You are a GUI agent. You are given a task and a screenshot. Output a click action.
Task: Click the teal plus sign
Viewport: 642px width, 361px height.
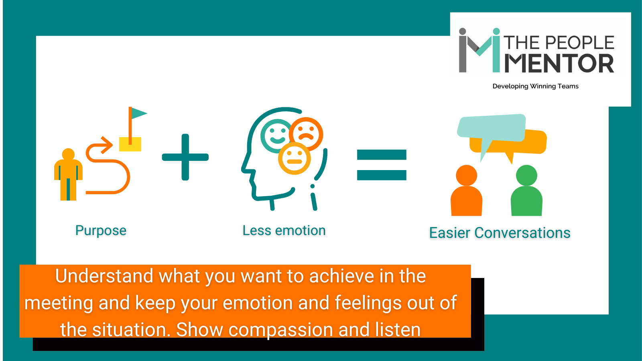[185, 157]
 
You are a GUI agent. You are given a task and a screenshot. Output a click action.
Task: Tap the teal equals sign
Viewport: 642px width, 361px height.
[382, 165]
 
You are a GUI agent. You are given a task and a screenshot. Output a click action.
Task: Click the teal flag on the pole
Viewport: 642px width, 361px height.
[138, 114]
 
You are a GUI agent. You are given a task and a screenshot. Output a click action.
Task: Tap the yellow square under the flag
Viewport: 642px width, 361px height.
[130, 144]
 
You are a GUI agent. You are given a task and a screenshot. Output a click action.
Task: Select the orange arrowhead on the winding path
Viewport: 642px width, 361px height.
[106, 145]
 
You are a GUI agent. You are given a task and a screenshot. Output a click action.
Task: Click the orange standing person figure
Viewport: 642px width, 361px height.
[68, 174]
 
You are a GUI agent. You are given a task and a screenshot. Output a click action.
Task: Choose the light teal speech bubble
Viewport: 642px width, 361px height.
[492, 128]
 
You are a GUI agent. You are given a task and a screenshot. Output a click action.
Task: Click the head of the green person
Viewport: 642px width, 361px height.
[526, 175]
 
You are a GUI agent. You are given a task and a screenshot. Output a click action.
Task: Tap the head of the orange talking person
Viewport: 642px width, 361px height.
[466, 175]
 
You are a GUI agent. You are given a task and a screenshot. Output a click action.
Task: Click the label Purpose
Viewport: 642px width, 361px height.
[101, 230]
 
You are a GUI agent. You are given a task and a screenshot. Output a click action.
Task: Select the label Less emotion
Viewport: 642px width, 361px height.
[284, 230]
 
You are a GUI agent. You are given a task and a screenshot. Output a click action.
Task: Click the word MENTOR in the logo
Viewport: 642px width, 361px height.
[559, 63]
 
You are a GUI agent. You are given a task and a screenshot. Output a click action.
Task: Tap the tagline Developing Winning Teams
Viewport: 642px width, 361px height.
[535, 86]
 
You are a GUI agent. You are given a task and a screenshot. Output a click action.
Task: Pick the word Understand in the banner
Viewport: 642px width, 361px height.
[104, 276]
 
